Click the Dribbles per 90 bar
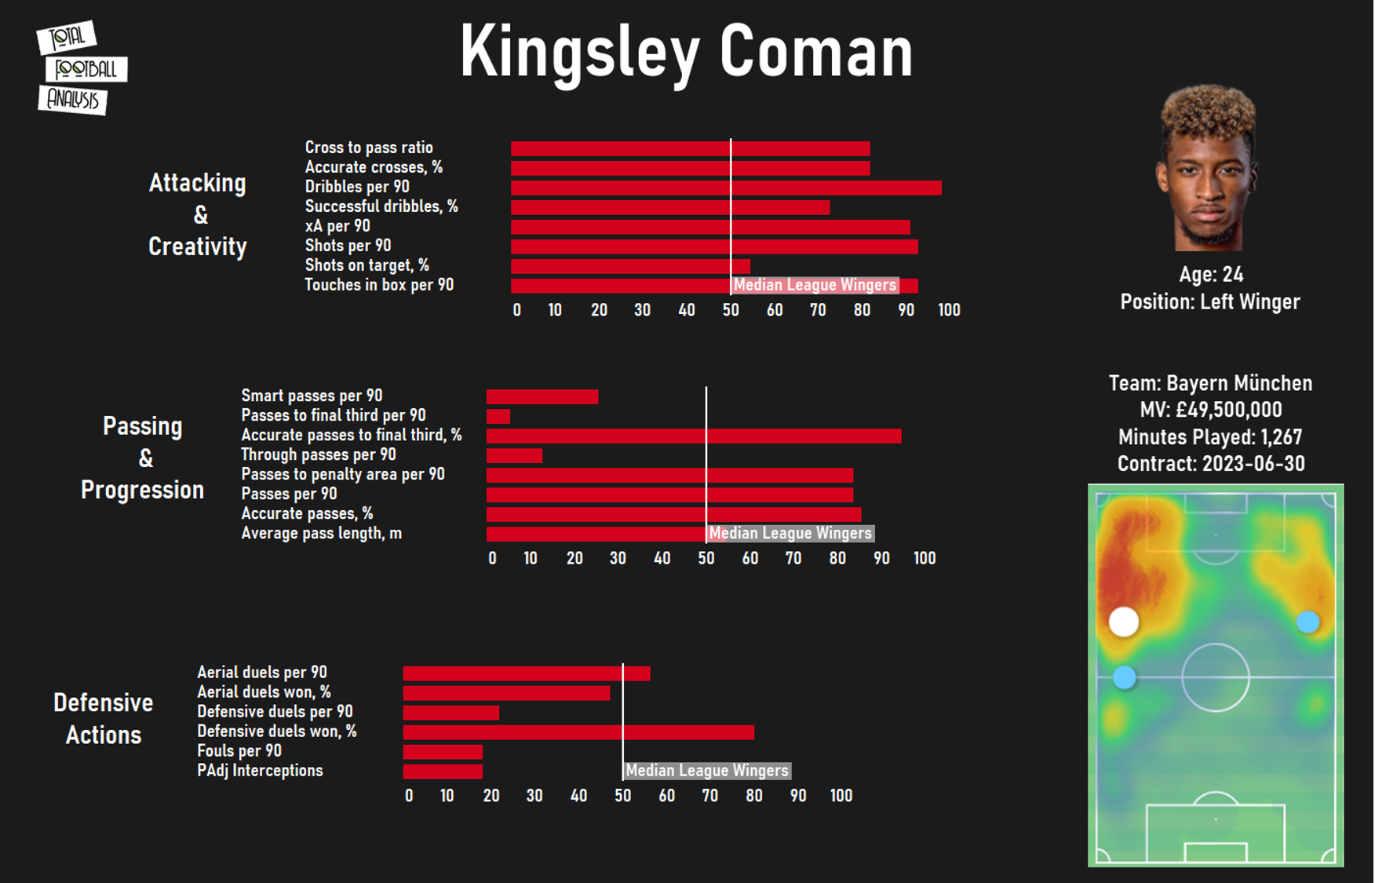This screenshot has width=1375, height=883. [x=725, y=188]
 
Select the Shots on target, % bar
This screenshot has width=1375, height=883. [x=630, y=267]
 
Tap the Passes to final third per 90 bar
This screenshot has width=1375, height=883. [x=498, y=417]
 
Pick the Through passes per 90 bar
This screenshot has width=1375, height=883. [x=514, y=456]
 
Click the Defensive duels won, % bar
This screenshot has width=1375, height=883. [x=578, y=732]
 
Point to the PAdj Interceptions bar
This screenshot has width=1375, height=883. [x=443, y=772]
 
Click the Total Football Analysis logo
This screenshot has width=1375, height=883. [x=81, y=68]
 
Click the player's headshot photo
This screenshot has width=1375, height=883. [x=1209, y=169]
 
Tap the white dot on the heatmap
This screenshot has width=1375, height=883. [x=1124, y=622]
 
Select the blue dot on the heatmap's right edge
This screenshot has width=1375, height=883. [x=1308, y=622]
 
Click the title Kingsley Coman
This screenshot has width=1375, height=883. [x=686, y=52]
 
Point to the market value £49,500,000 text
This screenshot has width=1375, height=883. [x=1211, y=410]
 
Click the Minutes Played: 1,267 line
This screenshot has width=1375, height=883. [x=1210, y=437]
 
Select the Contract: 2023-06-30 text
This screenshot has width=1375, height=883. [x=1211, y=464]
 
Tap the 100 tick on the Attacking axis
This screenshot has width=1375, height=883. [x=949, y=310]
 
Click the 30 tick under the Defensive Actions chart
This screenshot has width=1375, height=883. [x=534, y=796]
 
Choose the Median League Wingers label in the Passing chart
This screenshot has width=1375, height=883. [x=790, y=534]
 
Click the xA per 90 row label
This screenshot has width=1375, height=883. [x=337, y=226]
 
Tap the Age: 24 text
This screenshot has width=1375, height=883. [x=1211, y=275]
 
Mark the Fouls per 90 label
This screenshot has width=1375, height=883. [x=239, y=751]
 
